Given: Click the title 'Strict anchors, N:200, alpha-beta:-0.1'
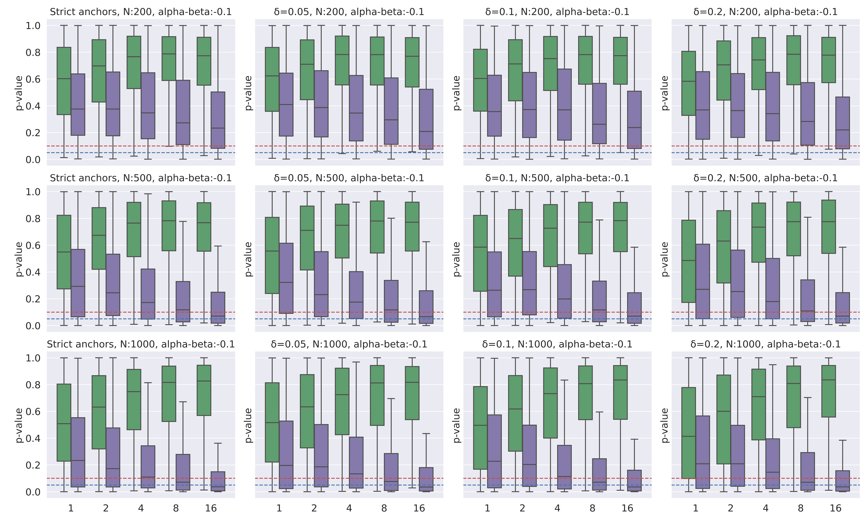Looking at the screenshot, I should (141, 12).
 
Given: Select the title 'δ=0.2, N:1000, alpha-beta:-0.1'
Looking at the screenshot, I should (766, 344).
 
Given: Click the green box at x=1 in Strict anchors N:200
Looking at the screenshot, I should (64, 81).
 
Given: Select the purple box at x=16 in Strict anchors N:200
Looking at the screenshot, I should (218, 120).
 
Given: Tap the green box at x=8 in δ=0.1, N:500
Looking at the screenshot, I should (585, 228).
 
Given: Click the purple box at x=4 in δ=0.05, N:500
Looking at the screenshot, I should (356, 295).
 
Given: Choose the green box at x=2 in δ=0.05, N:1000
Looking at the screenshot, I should (307, 411).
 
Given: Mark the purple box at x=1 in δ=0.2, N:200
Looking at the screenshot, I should (703, 105).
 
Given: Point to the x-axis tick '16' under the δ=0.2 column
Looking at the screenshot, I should (836, 508).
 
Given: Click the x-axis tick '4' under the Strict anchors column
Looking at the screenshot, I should (141, 508).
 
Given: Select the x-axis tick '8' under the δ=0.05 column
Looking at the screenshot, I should (384, 508).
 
